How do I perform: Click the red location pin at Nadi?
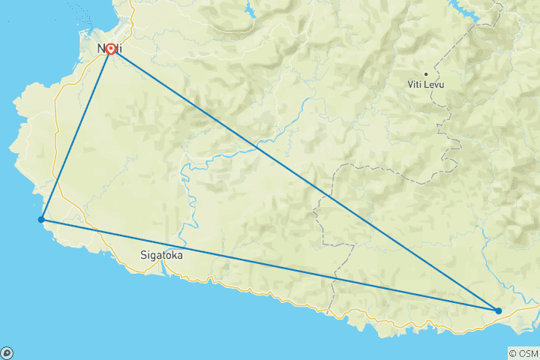click(x=111, y=49)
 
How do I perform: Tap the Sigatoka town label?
click(x=161, y=255)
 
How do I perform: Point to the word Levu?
click(x=434, y=85)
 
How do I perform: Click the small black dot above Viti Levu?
click(x=426, y=73)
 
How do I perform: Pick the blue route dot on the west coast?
click(x=41, y=220)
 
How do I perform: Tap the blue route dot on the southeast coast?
click(x=498, y=310)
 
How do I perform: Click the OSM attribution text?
click(x=526, y=353)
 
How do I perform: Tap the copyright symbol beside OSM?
click(x=513, y=353)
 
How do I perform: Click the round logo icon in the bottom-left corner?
click(x=7, y=352)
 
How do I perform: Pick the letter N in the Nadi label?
click(x=101, y=49)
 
